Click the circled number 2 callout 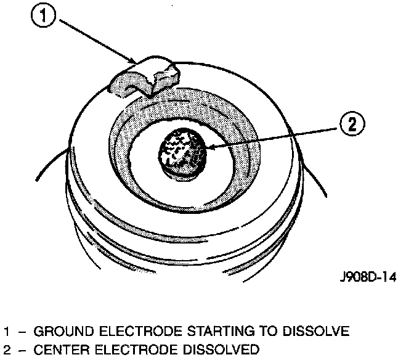352,125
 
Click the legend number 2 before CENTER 7,351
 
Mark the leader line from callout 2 277,136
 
